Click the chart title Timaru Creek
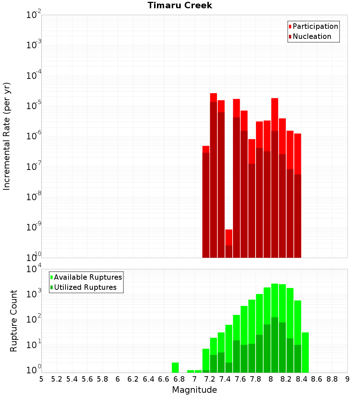[x=180, y=5]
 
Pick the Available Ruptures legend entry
[x=88, y=277]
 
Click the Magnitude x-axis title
[x=194, y=390]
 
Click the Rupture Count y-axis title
[x=14, y=321]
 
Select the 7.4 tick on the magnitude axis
[x=225, y=379]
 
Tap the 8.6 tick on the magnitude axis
[x=317, y=379]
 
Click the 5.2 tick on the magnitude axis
[x=57, y=379]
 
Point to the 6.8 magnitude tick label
[x=179, y=379]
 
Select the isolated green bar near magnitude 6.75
[x=175, y=368]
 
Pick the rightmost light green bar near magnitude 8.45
[x=305, y=352]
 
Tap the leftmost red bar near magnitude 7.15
[x=206, y=202]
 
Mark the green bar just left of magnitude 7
[x=190, y=371]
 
